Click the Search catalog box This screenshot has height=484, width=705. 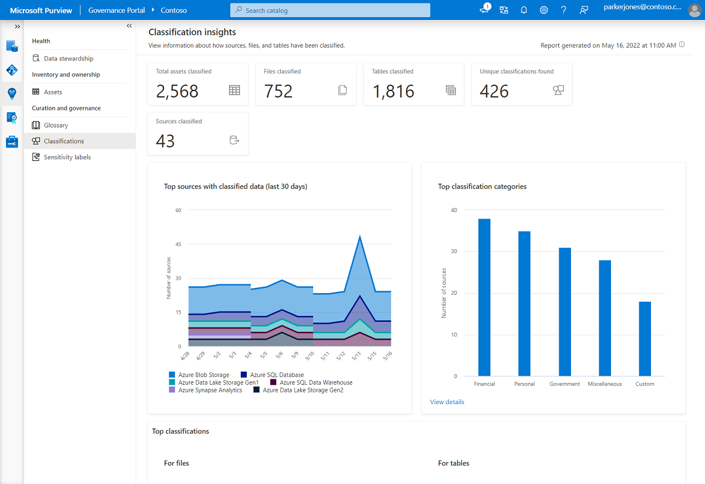click(x=330, y=10)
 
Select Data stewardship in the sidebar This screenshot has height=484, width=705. click(x=68, y=58)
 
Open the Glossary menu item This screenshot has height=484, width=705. click(x=56, y=125)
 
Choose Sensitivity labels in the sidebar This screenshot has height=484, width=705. click(x=67, y=157)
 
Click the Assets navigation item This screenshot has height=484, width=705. click(x=53, y=92)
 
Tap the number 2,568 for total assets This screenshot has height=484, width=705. click(x=177, y=91)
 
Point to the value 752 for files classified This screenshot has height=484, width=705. click(x=278, y=91)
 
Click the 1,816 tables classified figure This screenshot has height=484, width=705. click(x=393, y=91)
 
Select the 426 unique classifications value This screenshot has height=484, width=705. click(x=494, y=91)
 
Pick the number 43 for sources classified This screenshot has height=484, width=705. click(x=166, y=141)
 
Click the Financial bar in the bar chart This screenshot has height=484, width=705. click(x=484, y=297)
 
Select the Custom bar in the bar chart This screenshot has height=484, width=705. click(x=644, y=339)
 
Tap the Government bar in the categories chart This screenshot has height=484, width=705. click(x=565, y=312)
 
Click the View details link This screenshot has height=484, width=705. click(x=447, y=402)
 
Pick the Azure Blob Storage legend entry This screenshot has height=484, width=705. click(x=203, y=375)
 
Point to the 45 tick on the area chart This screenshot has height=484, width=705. click(x=178, y=244)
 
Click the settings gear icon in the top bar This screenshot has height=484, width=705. click(x=544, y=10)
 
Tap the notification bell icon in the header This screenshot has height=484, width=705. click(x=524, y=10)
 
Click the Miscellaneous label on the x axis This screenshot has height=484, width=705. click(x=605, y=384)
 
